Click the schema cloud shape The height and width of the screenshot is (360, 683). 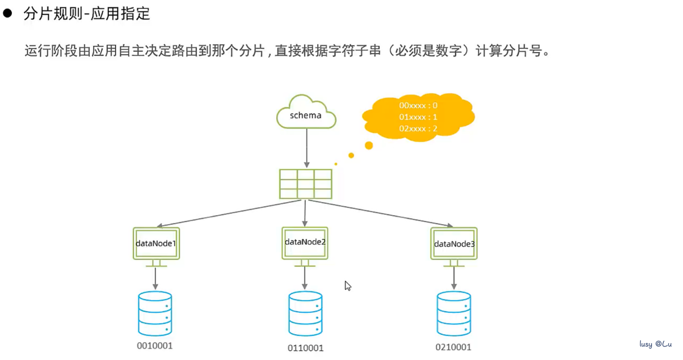tap(306, 112)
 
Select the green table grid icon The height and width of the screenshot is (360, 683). tap(305, 184)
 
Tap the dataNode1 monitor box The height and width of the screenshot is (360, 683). tap(156, 247)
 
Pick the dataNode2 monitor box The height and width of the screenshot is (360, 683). tap(305, 247)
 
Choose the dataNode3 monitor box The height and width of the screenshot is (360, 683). tap(453, 247)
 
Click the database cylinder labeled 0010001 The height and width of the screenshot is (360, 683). tap(155, 313)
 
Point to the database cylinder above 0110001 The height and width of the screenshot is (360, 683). tap(305, 313)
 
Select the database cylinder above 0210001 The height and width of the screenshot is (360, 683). tap(453, 313)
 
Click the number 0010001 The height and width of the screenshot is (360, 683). tap(154, 345)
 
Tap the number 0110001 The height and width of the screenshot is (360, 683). tap(305, 348)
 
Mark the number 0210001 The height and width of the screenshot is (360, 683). tap(453, 347)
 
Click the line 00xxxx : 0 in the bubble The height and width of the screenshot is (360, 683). tap(418, 106)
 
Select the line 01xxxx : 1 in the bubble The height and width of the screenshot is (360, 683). tap(418, 117)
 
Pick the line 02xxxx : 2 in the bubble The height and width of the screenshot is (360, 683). tap(418, 129)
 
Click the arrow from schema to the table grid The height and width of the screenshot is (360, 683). tap(307, 148)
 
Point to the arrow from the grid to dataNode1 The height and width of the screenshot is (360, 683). tap(229, 213)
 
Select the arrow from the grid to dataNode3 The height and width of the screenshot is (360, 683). tap(381, 213)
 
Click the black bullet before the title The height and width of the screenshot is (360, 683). tap(7, 13)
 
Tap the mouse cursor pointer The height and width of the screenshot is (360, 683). tap(348, 286)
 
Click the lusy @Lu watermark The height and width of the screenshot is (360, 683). tap(656, 344)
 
